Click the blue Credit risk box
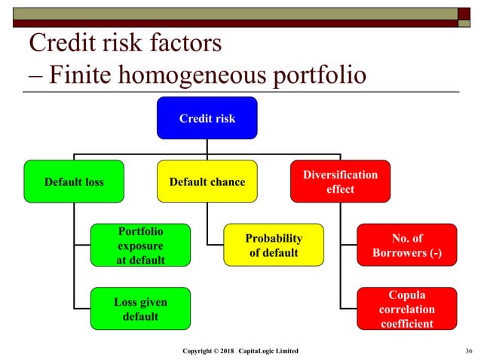pos(207,118)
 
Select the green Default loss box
pos(74,182)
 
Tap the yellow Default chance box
pos(207,182)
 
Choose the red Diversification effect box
pos(340,182)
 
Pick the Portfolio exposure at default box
pos(140,245)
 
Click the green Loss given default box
pos(140,308)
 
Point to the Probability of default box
pos(273,245)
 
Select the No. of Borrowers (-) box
pos(406,245)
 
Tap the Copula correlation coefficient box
pos(406,308)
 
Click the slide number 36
pos(469,352)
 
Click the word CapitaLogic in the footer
pos(259,352)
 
